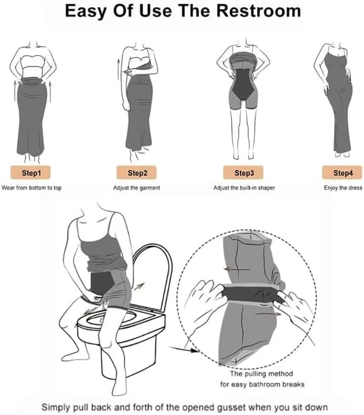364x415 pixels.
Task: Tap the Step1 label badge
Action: coord(31,173)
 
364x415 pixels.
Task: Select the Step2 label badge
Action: coord(136,173)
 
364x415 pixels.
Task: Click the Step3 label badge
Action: coord(243,173)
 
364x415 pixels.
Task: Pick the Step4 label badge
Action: coord(342,173)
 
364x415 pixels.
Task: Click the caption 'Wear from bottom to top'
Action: coord(31,188)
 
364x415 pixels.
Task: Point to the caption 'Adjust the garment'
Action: coord(136,188)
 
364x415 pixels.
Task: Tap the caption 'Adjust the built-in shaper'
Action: coord(244,188)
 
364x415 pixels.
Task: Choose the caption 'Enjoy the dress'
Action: coord(343,188)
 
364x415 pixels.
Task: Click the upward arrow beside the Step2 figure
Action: coord(118,70)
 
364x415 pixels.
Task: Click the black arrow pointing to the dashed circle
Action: coord(184,349)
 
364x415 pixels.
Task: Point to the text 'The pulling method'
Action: coord(261,374)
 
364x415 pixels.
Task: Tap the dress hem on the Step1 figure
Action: coord(31,153)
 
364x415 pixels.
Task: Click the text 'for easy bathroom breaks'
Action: coord(262,384)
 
